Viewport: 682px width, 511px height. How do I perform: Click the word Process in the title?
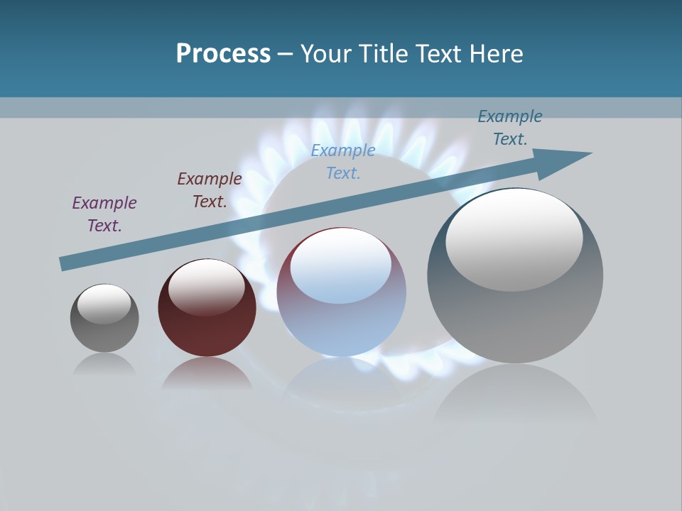223,54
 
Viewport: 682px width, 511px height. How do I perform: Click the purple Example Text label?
104,214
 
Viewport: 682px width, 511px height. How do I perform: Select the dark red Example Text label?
210,190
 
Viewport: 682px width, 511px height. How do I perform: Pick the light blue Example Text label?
343,162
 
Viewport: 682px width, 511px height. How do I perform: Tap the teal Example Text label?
510,128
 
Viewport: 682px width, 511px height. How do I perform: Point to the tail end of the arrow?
65,263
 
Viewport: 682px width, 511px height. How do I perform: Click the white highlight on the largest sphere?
514,239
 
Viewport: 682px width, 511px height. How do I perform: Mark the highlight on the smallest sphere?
104,304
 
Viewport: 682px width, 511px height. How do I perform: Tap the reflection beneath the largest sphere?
515,397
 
